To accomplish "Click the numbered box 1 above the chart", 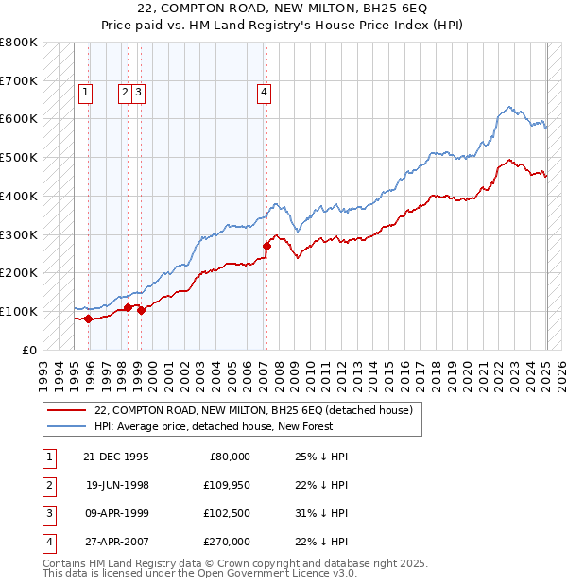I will [86, 92].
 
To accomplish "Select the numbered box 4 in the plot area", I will [264, 92].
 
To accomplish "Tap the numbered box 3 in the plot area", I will [138, 92].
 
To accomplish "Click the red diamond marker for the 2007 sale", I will [266, 247].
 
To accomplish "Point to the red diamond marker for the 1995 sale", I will [88, 319].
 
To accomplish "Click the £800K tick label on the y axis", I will [19, 43].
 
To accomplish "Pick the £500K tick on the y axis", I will [19, 158].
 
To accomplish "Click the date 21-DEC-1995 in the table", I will [115, 457].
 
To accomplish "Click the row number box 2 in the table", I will [48, 485].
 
